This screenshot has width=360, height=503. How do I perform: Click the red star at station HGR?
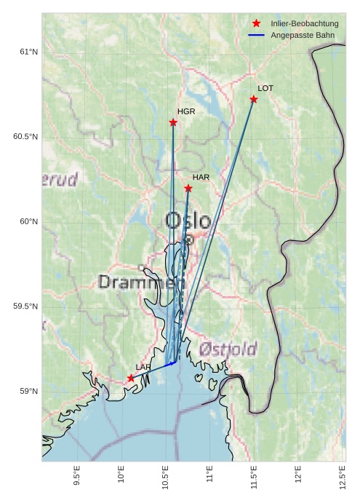(173, 122)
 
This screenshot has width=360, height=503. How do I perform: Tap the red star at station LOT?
(254, 99)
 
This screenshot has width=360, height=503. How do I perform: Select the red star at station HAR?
(188, 188)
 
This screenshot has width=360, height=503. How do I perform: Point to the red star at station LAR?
(131, 378)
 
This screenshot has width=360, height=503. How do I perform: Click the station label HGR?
(186, 111)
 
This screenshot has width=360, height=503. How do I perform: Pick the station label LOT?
(265, 88)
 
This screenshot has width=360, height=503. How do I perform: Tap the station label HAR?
(201, 177)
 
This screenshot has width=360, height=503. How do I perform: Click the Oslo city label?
(188, 221)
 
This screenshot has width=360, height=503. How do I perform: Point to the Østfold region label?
(230, 349)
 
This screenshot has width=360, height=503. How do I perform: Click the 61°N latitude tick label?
(28, 52)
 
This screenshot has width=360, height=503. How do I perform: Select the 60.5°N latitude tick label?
(25, 137)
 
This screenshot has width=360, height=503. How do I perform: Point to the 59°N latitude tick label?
(28, 392)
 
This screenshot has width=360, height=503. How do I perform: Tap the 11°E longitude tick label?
(209, 478)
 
